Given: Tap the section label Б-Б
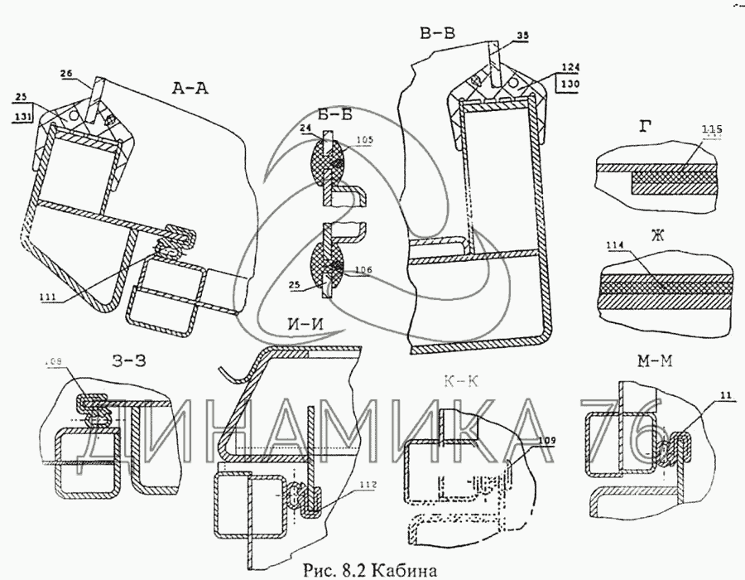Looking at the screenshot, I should click(331, 115).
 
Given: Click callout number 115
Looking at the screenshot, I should click(711, 129).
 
